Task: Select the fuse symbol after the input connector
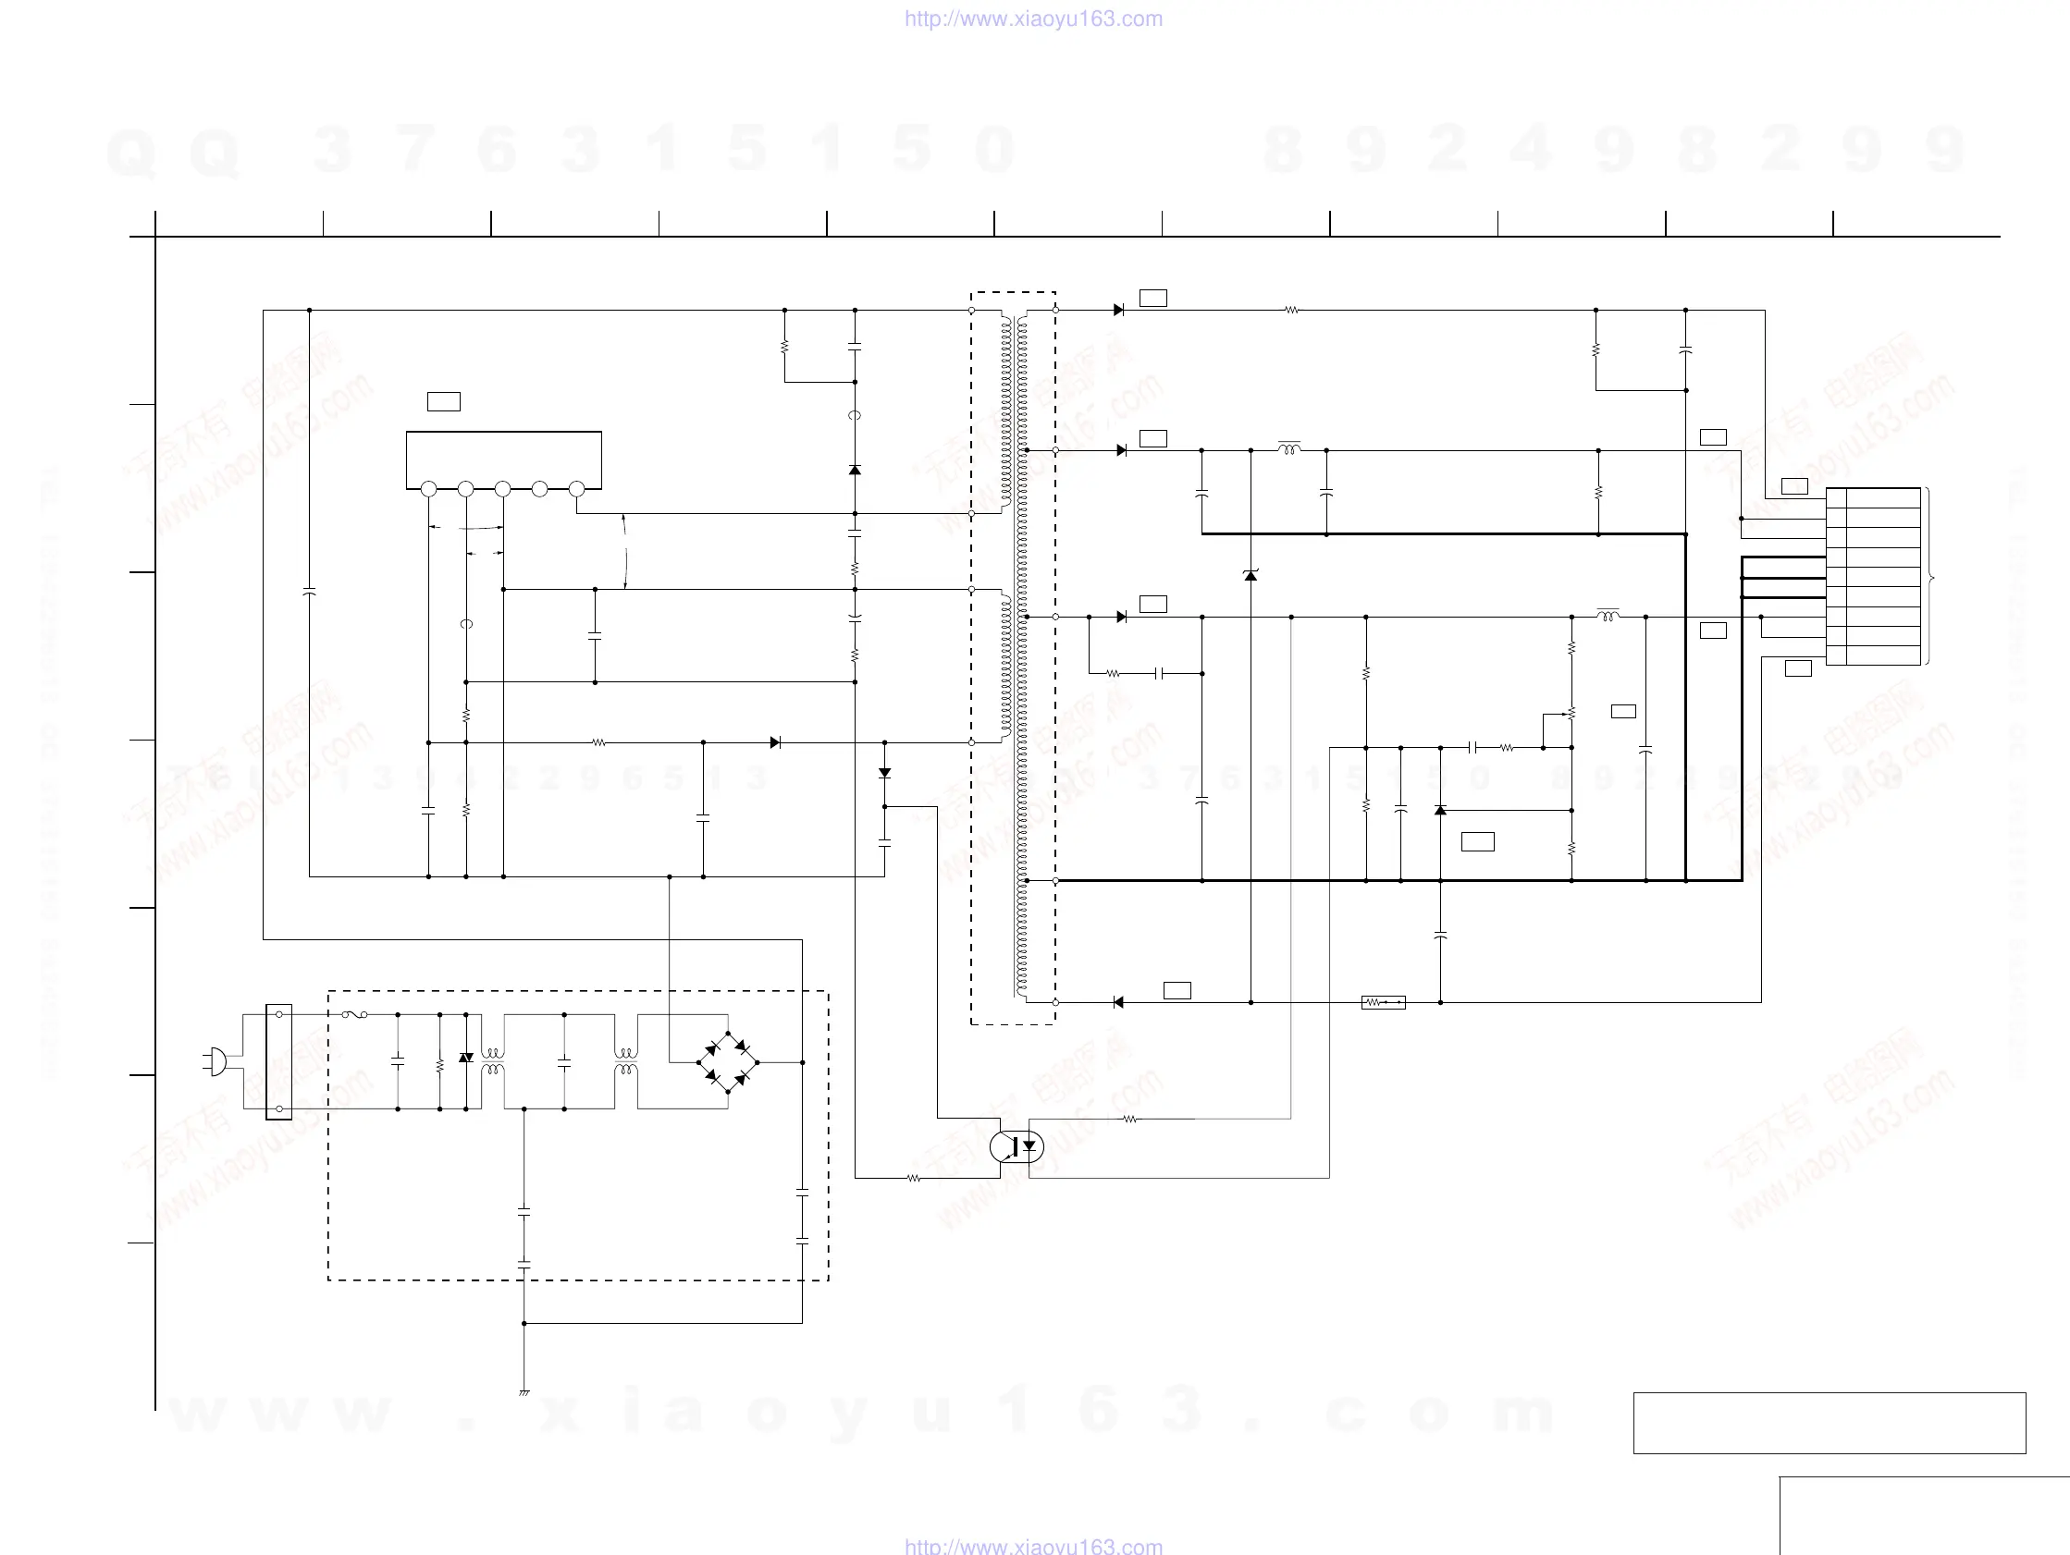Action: [353, 1014]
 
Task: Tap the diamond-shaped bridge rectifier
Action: [728, 1062]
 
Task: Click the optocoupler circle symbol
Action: [1017, 1146]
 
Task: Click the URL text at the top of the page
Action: [1033, 18]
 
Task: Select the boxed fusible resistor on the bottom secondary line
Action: [1383, 1002]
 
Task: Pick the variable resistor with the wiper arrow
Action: [1571, 714]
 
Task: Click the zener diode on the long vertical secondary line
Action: [1251, 574]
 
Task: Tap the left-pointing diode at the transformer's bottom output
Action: [1118, 1002]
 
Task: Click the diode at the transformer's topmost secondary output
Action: [1118, 310]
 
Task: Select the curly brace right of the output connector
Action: [1929, 577]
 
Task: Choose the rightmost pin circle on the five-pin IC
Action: [576, 488]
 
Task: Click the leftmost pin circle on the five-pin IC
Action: [428, 488]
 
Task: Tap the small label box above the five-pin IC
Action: [444, 401]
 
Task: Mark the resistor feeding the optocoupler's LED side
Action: [1129, 1119]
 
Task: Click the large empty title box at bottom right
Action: [1829, 1422]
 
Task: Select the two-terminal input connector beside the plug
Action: [279, 1062]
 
